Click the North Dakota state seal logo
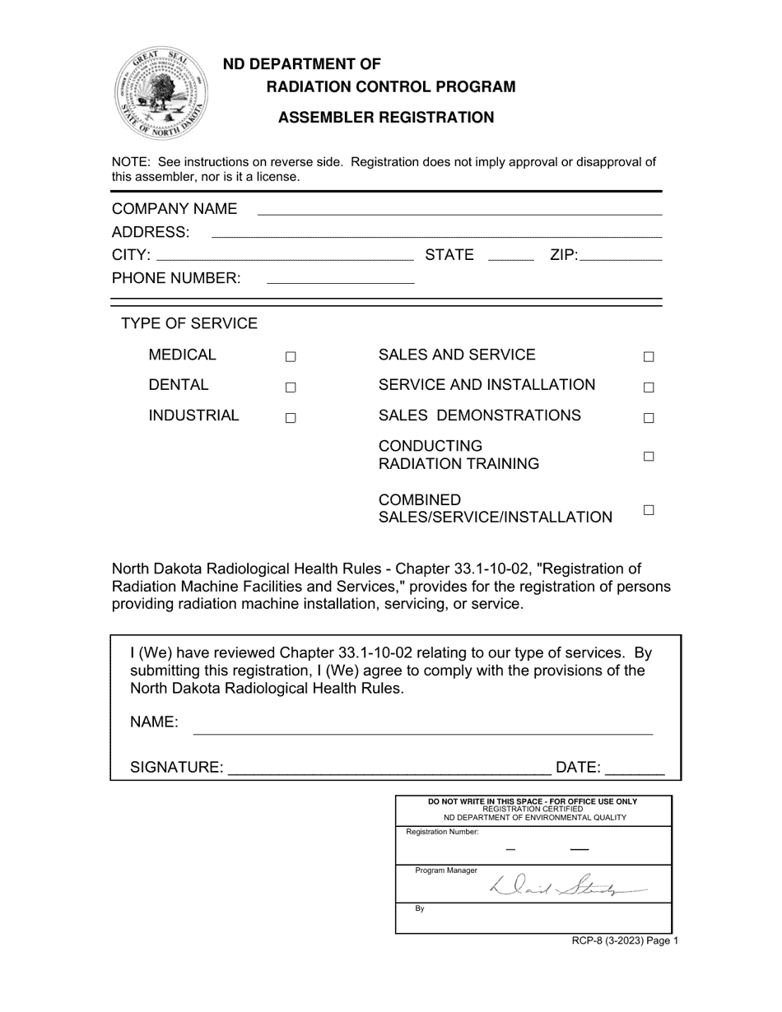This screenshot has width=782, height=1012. tap(161, 93)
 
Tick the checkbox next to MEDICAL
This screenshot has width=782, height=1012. tap(291, 357)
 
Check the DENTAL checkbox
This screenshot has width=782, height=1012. tap(291, 388)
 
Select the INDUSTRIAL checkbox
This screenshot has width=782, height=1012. tap(291, 418)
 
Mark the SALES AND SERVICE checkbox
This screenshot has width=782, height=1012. tap(649, 357)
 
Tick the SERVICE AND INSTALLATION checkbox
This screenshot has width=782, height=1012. tap(649, 388)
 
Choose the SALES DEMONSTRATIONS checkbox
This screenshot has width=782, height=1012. tap(649, 418)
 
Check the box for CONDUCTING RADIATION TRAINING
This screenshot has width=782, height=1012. tap(649, 457)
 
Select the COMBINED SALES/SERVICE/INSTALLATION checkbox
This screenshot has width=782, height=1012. tap(649, 510)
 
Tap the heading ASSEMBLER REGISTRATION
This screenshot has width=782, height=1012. tap(386, 118)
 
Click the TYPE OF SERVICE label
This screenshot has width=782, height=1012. tap(189, 323)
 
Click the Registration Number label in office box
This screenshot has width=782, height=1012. tap(442, 832)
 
